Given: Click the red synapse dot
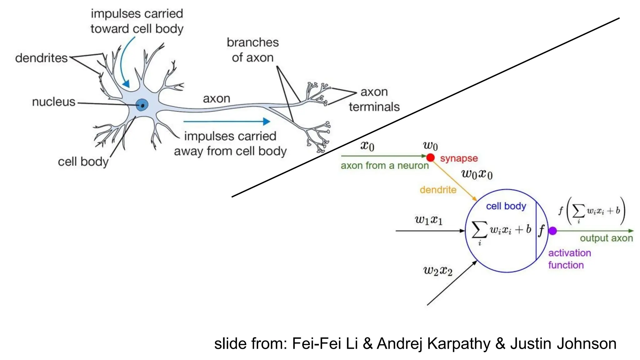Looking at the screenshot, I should pos(430,157).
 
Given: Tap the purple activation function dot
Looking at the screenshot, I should pos(552,231).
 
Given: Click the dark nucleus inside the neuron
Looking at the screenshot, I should pos(142,105).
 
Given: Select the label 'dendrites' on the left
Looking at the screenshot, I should pos(41,58).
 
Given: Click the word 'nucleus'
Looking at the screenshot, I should pos(54,102).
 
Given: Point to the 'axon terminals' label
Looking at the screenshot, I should pos(374,99).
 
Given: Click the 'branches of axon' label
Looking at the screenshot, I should pos(252,50).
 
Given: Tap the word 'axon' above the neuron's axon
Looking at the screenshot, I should pos(217,99).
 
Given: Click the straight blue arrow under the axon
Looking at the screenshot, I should pos(227,122).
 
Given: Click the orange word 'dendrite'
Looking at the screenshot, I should pos(438,190).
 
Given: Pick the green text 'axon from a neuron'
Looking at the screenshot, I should pos(384,166).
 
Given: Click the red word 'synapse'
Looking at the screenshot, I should pos(459,158).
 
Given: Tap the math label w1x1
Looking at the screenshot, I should pos(428,220).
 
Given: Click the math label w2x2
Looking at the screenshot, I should pos(438,271).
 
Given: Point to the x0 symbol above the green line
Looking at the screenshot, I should pos(367,146).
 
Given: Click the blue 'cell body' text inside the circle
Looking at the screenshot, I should pos(506,206).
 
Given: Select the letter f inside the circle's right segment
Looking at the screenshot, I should pos(541,231).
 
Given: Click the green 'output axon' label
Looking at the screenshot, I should pos(606,238).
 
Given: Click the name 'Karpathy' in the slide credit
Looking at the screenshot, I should pos(459,344).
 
